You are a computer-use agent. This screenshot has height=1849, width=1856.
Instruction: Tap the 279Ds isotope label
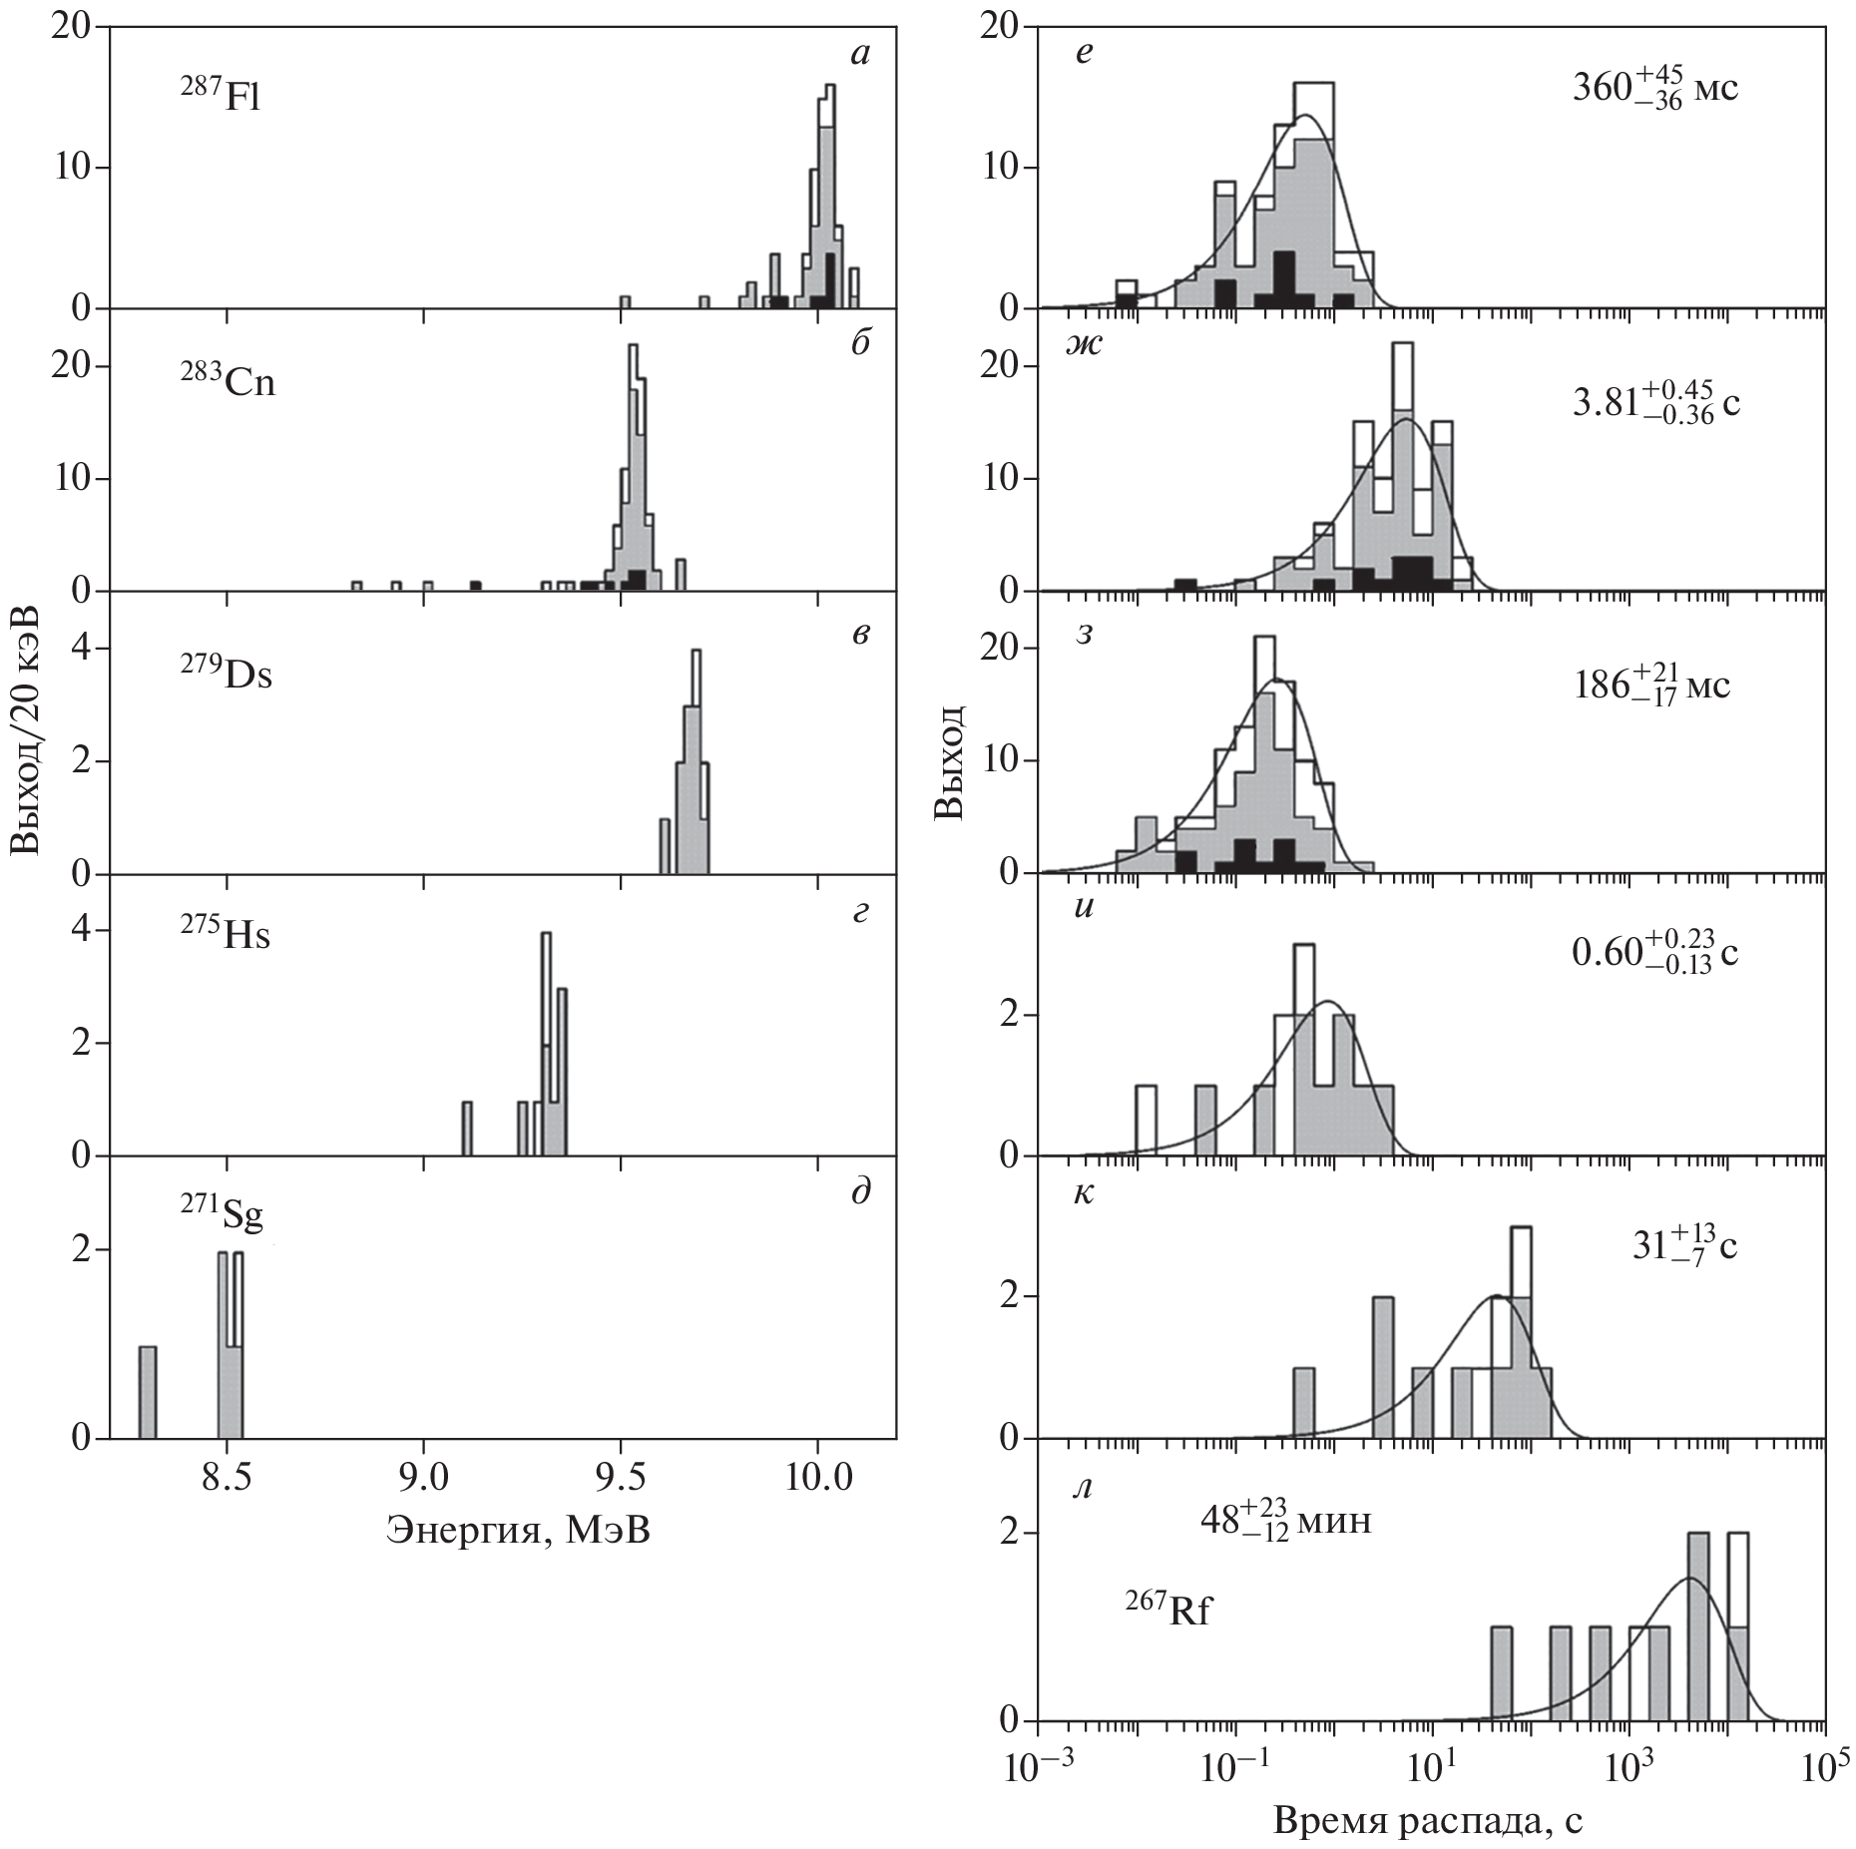pos(227,675)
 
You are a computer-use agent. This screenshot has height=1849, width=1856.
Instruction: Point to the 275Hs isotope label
pos(226,935)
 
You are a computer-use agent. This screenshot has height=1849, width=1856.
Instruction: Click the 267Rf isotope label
pos(1168,1612)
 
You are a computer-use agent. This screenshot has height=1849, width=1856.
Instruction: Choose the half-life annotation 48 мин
pos(1284,1518)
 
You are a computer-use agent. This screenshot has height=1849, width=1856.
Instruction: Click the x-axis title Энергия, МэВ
pos(519,1529)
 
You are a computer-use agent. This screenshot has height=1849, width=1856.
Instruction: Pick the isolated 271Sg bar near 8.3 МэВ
pos(148,1392)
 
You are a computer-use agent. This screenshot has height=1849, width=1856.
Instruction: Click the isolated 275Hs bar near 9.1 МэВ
pos(467,1129)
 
